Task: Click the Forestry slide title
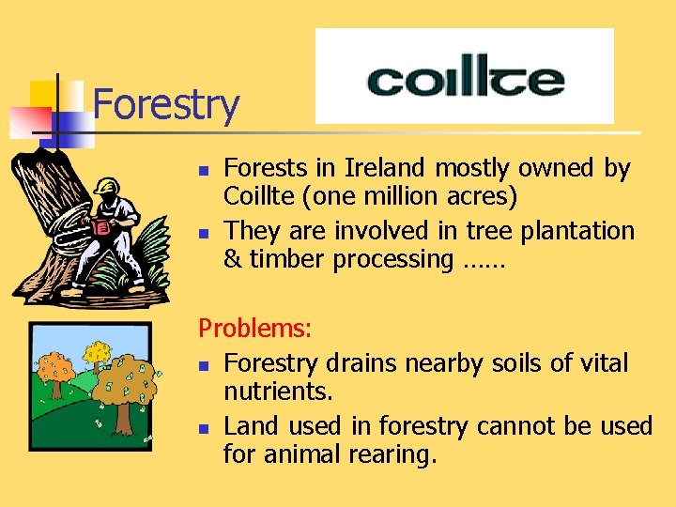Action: (x=166, y=104)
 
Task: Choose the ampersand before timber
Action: (x=233, y=259)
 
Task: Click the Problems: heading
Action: (x=255, y=329)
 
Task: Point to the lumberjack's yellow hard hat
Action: (x=108, y=185)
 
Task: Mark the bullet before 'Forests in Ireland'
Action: (x=203, y=170)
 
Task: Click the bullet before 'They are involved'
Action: (x=203, y=232)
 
